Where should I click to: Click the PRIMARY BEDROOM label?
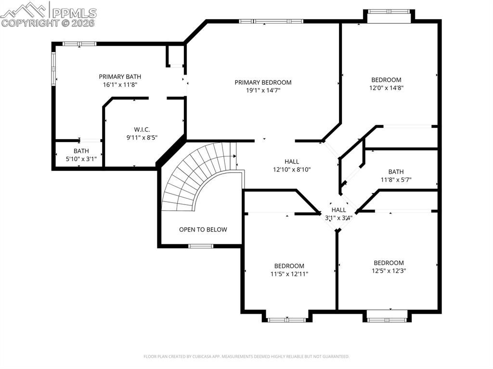(263, 82)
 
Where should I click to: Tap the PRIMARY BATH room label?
(120, 76)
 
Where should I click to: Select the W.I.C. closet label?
(142, 129)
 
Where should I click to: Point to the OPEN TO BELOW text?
(203, 229)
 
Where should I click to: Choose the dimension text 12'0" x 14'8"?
(386, 88)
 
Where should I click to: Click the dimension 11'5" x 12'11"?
(289, 274)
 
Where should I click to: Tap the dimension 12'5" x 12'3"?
(389, 271)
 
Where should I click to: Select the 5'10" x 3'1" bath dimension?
(81, 159)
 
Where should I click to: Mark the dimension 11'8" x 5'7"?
(396, 180)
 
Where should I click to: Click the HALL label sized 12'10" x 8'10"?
(292, 162)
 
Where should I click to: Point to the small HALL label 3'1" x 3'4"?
(338, 210)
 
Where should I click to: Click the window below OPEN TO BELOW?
(201, 246)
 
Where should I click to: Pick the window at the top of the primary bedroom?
(271, 21)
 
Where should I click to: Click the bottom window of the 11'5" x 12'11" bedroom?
(287, 319)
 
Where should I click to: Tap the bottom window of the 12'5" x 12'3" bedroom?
(387, 319)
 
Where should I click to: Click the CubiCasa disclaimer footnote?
(246, 356)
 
